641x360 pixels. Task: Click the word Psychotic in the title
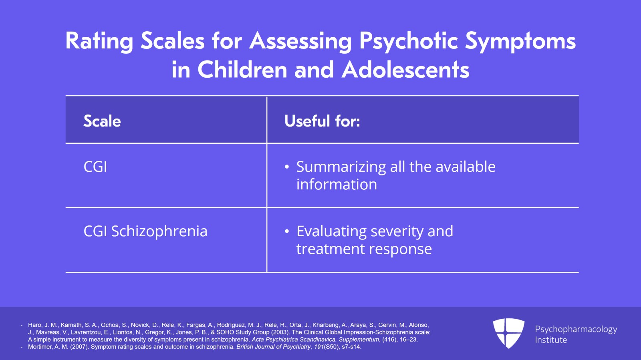tap(409, 42)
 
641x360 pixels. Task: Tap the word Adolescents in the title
tap(405, 70)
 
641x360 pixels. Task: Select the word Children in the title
tap(242, 70)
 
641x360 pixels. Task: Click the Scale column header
tap(102, 121)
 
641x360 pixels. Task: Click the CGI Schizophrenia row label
tap(145, 231)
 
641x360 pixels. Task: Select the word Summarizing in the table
tap(341, 167)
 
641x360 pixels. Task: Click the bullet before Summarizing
tap(287, 167)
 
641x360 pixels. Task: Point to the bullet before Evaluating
tap(287, 231)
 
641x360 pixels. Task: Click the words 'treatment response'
tap(364, 249)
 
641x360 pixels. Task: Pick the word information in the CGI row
tap(337, 184)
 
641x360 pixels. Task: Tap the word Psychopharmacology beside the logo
tap(576, 330)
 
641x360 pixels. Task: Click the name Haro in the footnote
tap(34, 325)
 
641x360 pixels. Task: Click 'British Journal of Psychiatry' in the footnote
tap(273, 347)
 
